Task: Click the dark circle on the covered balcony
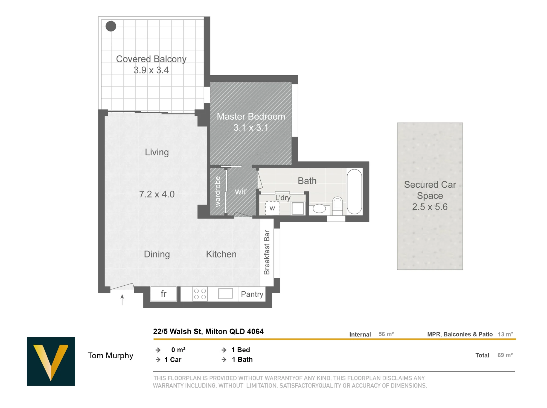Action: point(111,26)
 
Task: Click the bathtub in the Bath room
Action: point(354,192)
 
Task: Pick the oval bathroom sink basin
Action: point(319,209)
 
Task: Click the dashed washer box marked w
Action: point(272,208)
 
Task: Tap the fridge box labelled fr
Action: point(164,294)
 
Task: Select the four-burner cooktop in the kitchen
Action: point(200,294)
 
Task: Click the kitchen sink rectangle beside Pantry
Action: point(226,294)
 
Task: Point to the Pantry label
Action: point(252,294)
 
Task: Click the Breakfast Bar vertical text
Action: point(267,252)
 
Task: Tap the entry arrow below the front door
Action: point(122,300)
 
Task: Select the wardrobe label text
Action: point(218,192)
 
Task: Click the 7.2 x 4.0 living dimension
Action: point(157,194)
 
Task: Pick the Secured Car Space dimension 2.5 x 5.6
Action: point(430,207)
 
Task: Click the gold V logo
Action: point(51,361)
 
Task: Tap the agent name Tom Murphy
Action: point(110,356)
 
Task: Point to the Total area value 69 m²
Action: point(505,355)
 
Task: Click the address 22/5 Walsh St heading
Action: point(208,331)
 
